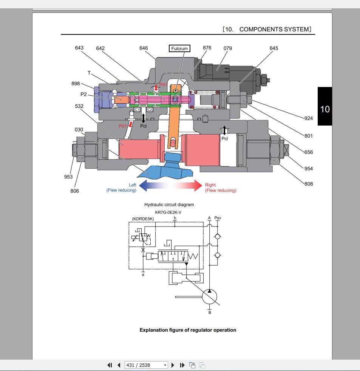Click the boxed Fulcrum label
coord(179,48)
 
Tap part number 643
coord(79,48)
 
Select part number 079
coord(227,48)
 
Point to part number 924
coord(309,118)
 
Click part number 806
coord(75,191)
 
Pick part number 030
coord(79,130)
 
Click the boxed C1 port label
coord(137,110)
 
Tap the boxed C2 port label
coord(150,110)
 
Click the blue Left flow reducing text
coord(122,188)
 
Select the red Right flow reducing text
coord(220,188)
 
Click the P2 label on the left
coord(83,94)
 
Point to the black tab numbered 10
coord(325,109)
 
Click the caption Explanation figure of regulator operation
coord(188,330)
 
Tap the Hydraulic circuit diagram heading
coord(169,205)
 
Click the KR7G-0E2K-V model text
coord(168,212)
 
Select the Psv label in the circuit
coord(218,218)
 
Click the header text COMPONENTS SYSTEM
coord(275,29)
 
